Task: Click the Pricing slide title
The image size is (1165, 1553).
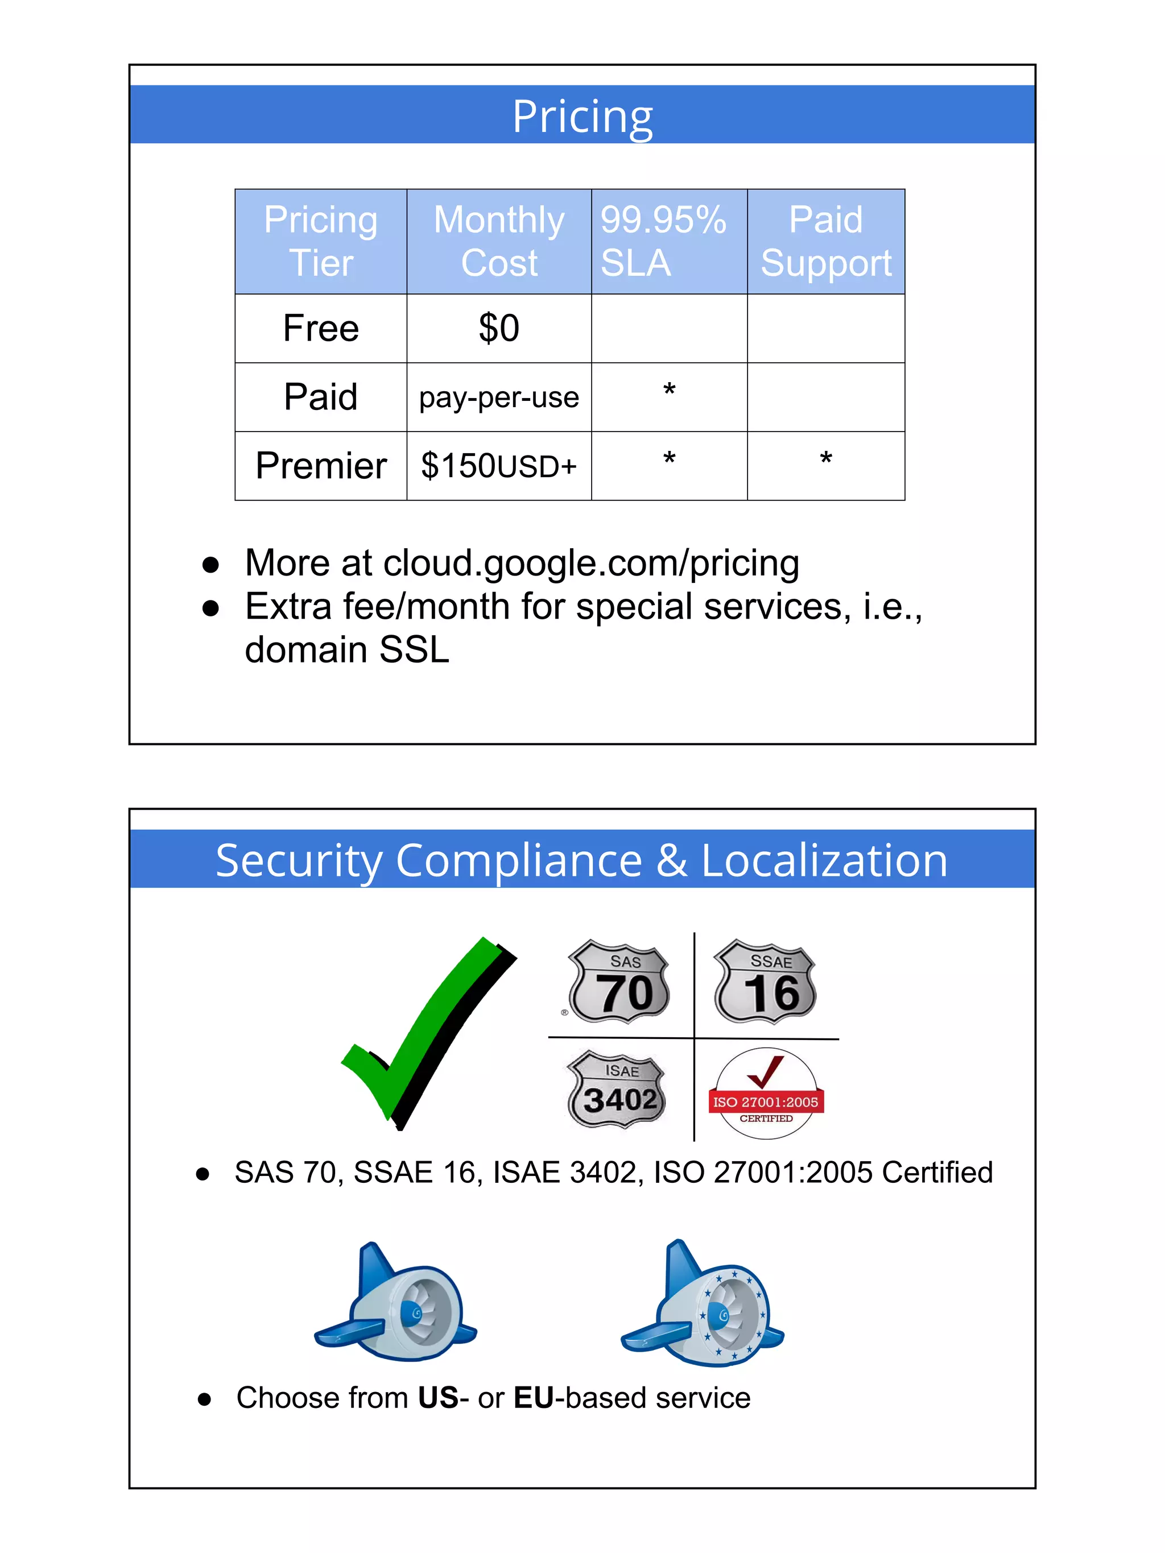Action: pyautogui.click(x=582, y=117)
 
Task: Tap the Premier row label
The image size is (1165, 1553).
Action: pyautogui.click(x=321, y=466)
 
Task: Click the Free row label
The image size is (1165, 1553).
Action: pyautogui.click(x=321, y=328)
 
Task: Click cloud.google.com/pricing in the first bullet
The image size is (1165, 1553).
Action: pyautogui.click(x=590, y=563)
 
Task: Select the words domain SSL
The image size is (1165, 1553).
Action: pyautogui.click(x=347, y=649)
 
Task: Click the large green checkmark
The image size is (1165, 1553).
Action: pyautogui.click(x=428, y=1032)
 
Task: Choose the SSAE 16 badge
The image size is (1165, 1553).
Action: pyautogui.click(x=766, y=982)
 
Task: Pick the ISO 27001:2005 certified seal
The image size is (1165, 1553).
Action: pyautogui.click(x=766, y=1092)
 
